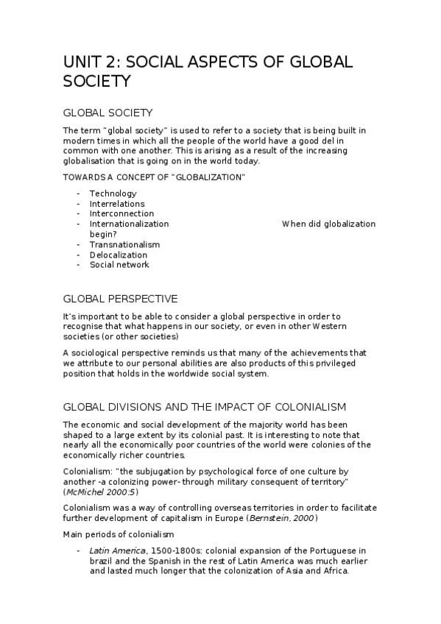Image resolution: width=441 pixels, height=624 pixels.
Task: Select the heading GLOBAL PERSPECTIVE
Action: coord(120,299)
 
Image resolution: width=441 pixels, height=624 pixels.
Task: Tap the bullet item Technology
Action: coord(113,194)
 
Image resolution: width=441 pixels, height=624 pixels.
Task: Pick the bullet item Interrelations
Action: coord(117,204)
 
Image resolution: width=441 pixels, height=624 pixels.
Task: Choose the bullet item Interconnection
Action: coord(121,214)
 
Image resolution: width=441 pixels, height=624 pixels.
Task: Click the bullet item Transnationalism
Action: coord(124,244)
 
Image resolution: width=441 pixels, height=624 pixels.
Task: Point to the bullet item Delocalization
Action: coord(119,255)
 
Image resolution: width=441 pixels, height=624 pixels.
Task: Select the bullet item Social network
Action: coord(119,265)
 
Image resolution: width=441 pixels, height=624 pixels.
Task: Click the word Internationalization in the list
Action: coord(129,224)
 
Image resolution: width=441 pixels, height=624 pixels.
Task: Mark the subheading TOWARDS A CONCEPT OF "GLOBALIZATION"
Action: coord(154,178)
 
